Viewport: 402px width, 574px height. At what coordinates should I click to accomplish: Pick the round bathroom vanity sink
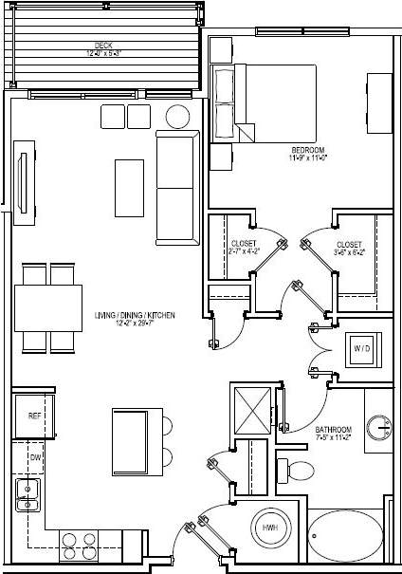tap(382, 428)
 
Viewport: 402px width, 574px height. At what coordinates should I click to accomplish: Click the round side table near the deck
tap(178, 117)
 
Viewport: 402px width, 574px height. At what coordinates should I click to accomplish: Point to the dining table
tap(47, 306)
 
